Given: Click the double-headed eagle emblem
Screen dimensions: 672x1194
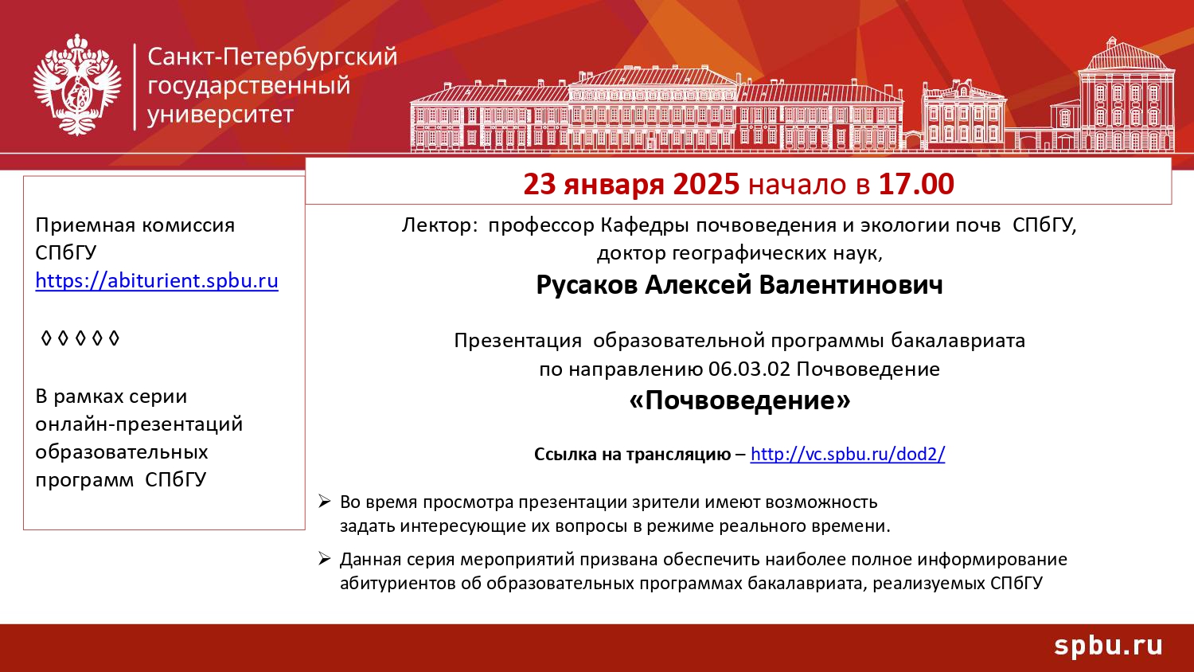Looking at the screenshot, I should click(77, 85).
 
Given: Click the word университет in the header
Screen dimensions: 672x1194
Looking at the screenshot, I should click(220, 115).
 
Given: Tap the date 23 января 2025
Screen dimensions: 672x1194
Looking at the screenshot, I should click(631, 184).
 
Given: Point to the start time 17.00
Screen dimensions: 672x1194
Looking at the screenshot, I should click(915, 184).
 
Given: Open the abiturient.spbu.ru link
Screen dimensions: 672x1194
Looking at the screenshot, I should click(157, 281).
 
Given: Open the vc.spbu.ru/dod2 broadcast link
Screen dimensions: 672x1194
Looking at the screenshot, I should click(847, 454).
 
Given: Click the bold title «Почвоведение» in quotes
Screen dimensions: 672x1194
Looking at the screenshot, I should click(739, 400).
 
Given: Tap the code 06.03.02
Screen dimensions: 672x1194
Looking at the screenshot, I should click(749, 369).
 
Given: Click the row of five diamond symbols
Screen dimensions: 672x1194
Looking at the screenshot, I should click(80, 338).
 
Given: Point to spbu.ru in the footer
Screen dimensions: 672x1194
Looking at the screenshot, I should click(1108, 645).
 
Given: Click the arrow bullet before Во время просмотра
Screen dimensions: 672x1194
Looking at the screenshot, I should click(325, 502).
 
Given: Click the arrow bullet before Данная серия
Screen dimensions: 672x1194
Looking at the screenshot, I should click(325, 559).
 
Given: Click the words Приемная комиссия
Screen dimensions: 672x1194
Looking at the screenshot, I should click(135, 225).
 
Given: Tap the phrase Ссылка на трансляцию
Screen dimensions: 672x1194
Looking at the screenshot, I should click(632, 455).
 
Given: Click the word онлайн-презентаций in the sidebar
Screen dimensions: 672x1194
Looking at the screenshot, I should click(139, 424).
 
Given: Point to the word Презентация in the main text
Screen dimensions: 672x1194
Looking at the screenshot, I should click(517, 341).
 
